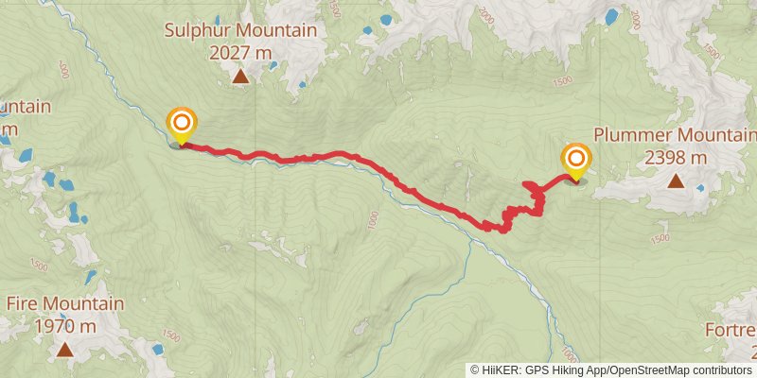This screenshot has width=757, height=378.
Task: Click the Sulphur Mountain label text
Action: [240, 30]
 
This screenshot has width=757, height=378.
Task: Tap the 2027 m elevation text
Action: [241, 52]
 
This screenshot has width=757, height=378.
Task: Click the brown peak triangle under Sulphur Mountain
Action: [241, 77]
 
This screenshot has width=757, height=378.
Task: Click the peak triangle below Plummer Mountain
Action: [676, 181]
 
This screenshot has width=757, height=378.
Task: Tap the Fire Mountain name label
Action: [65, 304]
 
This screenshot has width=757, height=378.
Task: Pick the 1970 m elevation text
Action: [65, 327]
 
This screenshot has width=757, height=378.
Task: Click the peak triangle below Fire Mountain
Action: [64, 351]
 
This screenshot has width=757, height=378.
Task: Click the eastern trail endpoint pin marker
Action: [575, 159]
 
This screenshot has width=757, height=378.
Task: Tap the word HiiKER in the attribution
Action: [498, 370]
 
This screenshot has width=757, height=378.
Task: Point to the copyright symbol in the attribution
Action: [474, 370]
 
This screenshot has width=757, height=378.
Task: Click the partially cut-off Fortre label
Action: [731, 331]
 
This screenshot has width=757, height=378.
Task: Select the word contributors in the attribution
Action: [719, 370]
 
